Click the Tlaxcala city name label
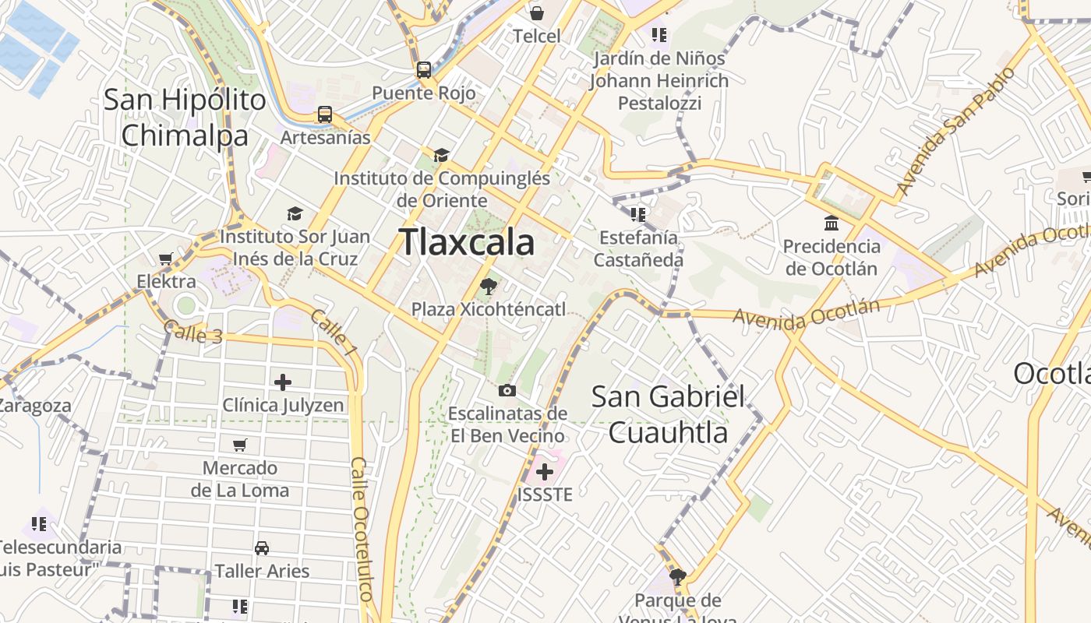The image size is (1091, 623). click(467, 242)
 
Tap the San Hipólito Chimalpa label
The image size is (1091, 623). click(185, 118)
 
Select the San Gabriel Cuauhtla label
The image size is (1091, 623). click(668, 414)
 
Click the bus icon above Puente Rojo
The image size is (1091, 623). click(424, 70)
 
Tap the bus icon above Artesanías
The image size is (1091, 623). click(325, 114)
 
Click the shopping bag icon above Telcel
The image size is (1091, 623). click(537, 12)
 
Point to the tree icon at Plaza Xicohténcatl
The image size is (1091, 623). click(489, 286)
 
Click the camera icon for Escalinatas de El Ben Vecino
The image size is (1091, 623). click(507, 390)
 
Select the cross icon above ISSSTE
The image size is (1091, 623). click(545, 471)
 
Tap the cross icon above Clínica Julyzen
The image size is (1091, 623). click(283, 382)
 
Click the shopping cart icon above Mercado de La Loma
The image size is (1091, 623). click(240, 445)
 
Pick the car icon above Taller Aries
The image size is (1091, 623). click(262, 548)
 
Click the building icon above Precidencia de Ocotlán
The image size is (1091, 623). click(831, 224)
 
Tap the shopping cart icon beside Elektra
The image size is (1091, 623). click(165, 259)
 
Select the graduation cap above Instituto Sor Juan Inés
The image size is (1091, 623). click(295, 213)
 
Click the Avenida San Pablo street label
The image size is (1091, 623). click(956, 131)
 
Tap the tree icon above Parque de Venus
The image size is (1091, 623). click(678, 577)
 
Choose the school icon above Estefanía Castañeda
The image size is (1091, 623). click(638, 214)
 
